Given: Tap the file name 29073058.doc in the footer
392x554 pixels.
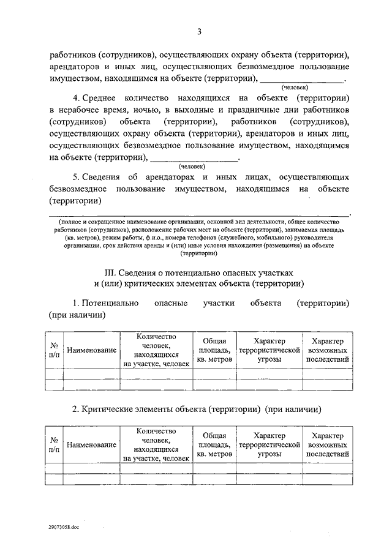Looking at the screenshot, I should [64, 526].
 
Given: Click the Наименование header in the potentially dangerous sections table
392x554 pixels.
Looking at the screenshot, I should [92, 350].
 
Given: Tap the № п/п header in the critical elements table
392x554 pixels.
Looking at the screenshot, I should [54, 444].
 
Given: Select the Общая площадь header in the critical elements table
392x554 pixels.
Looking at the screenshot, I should [214, 444].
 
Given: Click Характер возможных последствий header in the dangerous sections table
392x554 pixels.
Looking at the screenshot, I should [327, 350].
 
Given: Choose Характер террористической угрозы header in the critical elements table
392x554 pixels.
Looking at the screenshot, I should [269, 444].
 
